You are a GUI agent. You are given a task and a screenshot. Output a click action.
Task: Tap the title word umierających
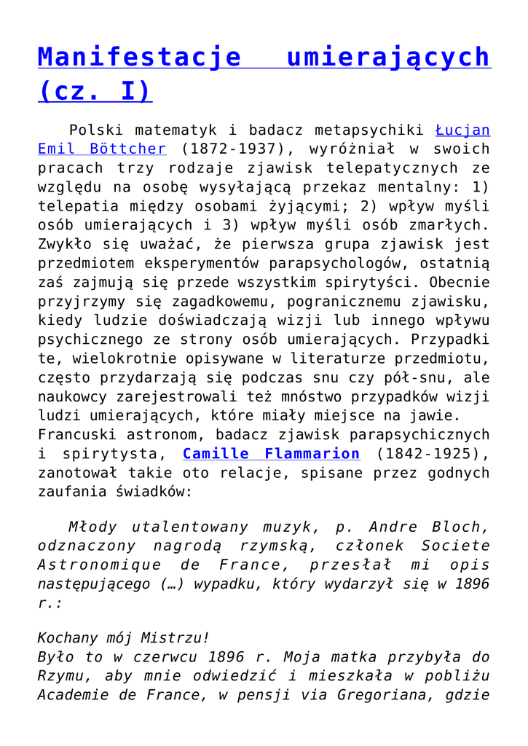coord(389,57)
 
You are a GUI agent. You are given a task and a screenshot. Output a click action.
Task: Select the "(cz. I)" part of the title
coord(94,93)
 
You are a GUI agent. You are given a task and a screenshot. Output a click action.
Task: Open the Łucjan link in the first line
coord(462,130)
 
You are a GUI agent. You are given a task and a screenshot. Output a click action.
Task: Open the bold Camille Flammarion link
coord(271,454)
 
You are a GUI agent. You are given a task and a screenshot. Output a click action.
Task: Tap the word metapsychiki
coord(369,130)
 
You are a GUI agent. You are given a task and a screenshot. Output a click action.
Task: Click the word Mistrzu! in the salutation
coord(178,637)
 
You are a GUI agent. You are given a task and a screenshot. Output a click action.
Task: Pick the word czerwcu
coord(150,656)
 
